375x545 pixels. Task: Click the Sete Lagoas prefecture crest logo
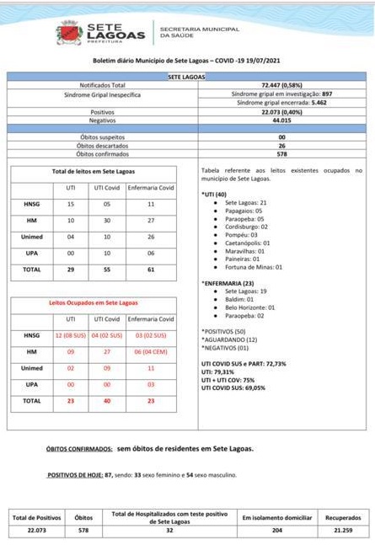(x=68, y=33)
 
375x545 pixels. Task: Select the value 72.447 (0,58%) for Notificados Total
(x=282, y=85)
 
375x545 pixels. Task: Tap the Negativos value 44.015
(x=282, y=120)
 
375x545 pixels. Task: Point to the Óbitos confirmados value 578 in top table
(x=282, y=154)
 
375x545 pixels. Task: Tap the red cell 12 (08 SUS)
(x=71, y=335)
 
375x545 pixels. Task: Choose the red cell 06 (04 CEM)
(x=151, y=351)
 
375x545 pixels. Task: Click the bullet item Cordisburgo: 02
(x=247, y=227)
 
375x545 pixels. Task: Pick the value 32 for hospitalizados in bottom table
(x=169, y=532)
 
